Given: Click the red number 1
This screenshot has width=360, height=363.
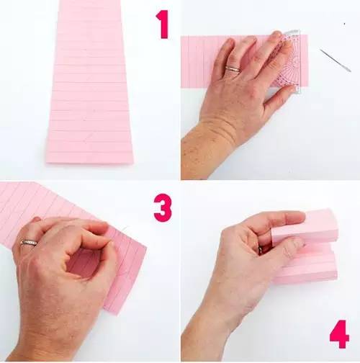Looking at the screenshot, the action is coord(163,24).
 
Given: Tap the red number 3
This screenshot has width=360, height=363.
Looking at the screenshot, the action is coord(163,207).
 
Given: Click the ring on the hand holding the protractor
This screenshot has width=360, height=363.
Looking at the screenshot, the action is coord(233,69).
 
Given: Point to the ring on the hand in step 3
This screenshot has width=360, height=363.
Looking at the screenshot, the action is coord(29,243).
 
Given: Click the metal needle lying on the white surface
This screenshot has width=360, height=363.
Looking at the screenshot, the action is coord(336,60).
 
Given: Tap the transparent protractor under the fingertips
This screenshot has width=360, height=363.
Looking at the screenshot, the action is coord(290,60).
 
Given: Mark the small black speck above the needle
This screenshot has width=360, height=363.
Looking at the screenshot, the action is coord(344,24).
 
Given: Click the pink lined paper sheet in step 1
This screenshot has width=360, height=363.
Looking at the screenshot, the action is coord(90,81).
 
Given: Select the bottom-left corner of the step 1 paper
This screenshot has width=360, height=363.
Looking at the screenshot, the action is coord(47,163).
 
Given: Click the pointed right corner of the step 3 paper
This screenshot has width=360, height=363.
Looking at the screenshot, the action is coord(146,248).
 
